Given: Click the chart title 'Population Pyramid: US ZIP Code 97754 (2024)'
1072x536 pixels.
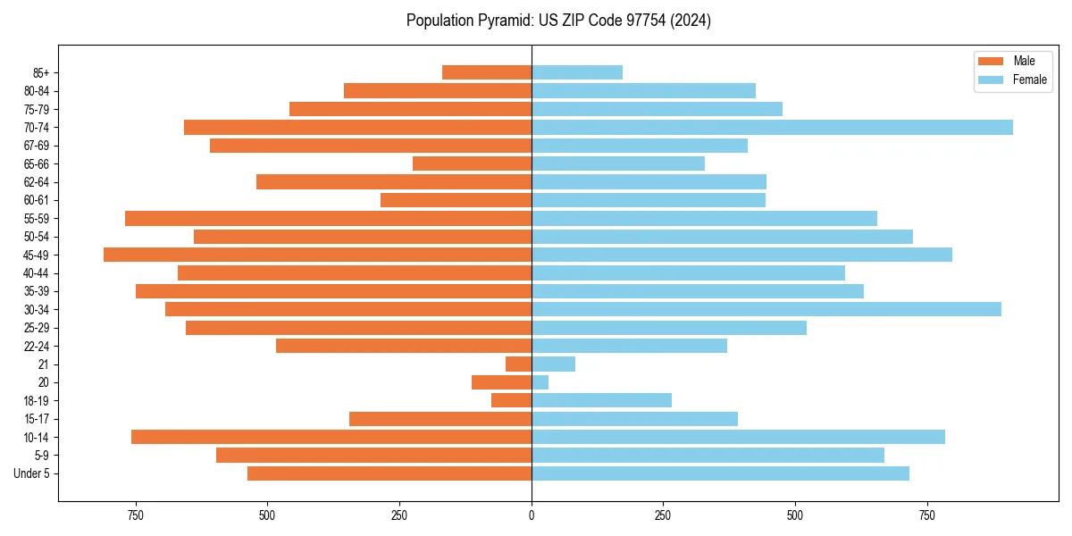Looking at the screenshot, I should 558,21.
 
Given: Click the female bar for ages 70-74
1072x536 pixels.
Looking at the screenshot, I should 772,127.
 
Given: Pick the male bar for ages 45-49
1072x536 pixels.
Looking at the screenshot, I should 317,255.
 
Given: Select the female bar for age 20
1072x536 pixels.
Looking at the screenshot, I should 540,382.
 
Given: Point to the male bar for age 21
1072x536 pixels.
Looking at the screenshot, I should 519,364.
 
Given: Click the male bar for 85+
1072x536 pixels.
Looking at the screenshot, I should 487,72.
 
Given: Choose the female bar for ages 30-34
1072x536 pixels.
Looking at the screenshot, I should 766,309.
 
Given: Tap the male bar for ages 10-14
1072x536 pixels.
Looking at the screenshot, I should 331,437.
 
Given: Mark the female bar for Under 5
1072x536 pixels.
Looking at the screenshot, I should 720,473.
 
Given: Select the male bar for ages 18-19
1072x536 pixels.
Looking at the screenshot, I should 512,401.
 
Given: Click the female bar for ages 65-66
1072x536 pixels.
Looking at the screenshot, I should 618,163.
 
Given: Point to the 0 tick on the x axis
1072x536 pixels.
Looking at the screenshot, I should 532,515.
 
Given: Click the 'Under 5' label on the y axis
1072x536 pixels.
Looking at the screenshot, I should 32,473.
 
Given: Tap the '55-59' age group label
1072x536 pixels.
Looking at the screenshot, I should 37,218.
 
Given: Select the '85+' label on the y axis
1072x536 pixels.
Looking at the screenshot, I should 39,72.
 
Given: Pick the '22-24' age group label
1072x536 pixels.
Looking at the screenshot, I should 37,346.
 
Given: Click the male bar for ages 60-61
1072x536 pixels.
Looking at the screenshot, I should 456,200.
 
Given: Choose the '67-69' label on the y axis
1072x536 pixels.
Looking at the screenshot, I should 37,146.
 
